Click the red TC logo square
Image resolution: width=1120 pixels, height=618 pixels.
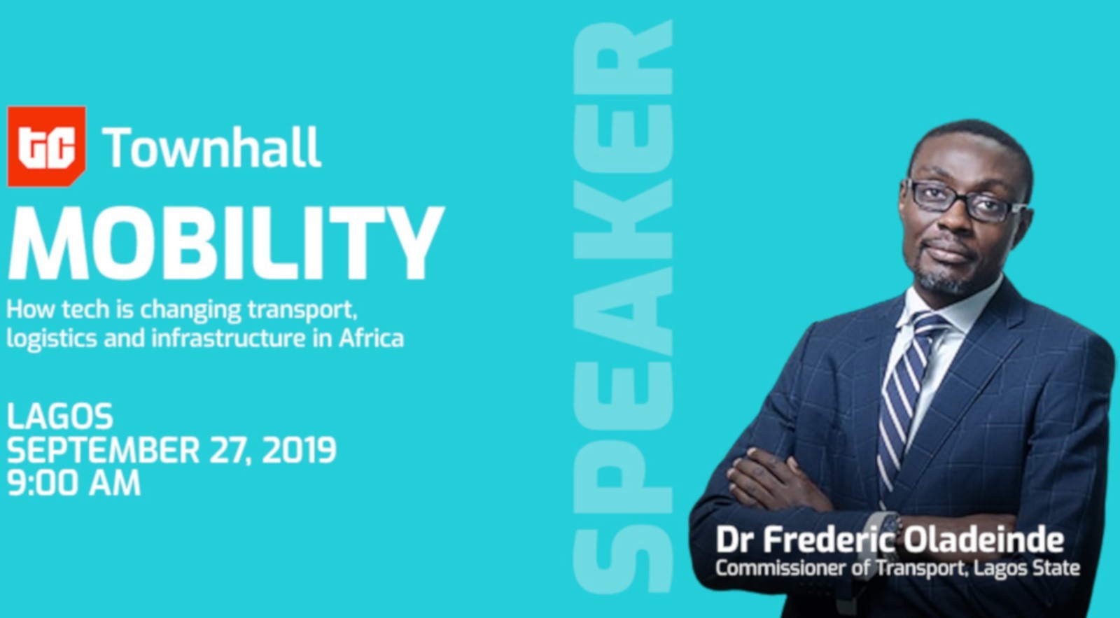coord(46,146)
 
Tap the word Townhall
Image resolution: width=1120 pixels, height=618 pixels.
coord(211,148)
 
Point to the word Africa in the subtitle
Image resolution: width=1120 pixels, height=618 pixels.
coord(372,338)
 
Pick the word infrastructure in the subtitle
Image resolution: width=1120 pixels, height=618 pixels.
coord(228,338)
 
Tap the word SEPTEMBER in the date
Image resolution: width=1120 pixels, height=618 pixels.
coord(104,450)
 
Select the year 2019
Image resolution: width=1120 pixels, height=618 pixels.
coord(299,450)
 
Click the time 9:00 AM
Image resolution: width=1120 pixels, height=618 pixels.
coord(73,483)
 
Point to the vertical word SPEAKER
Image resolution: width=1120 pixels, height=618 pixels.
coord(622,306)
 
